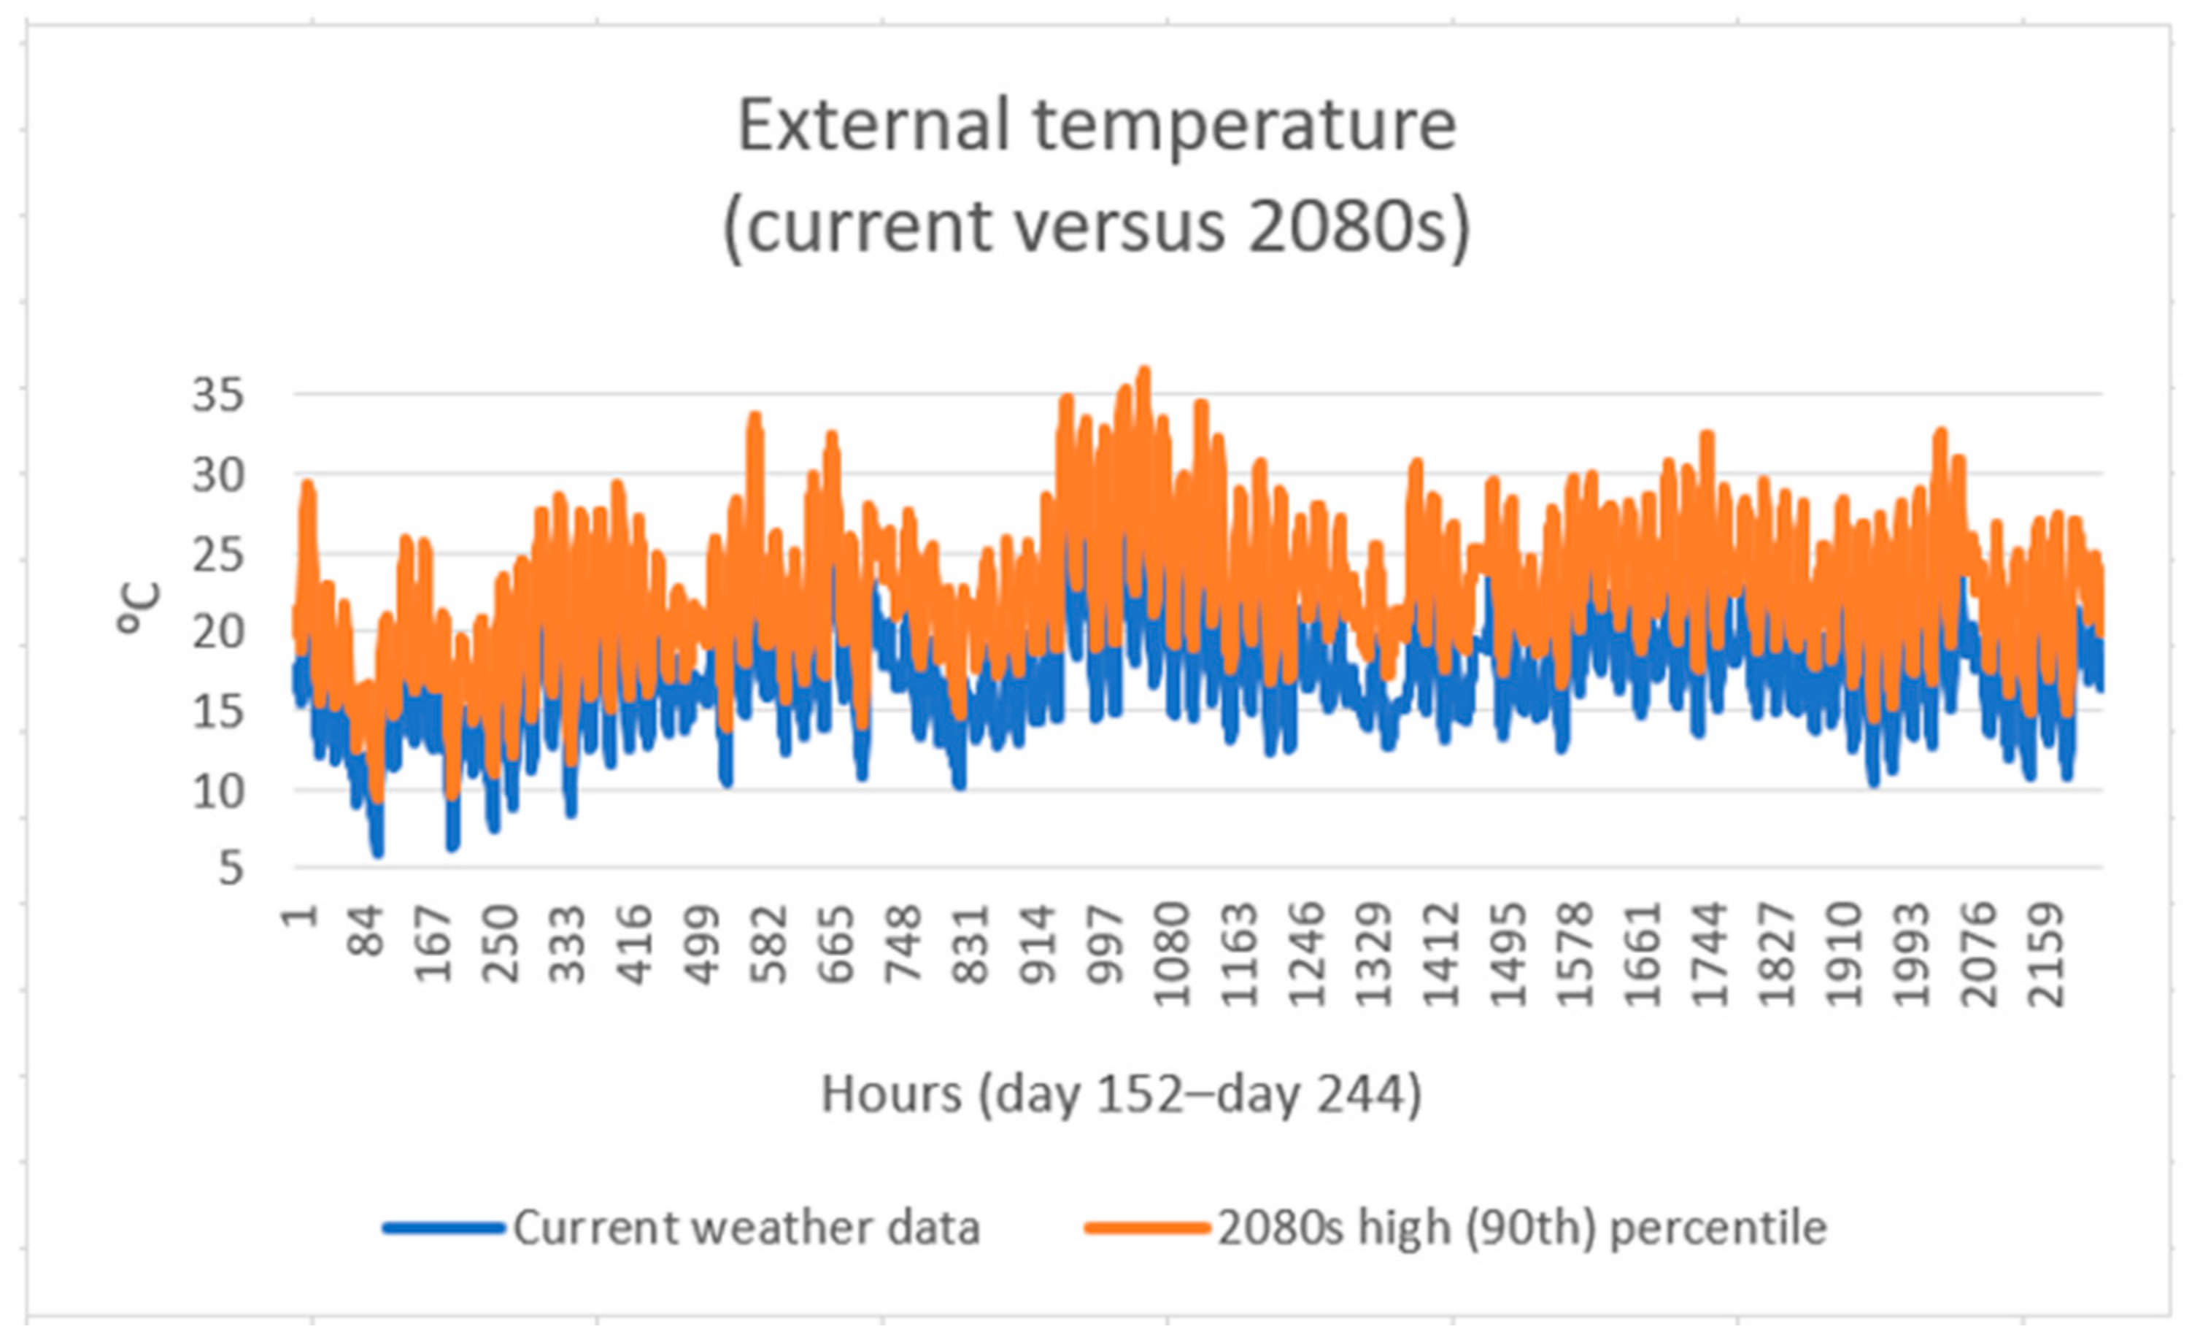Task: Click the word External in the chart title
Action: [873, 126]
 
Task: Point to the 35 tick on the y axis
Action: [218, 395]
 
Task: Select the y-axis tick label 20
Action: [218, 633]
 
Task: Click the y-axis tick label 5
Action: [230, 869]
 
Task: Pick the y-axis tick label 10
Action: [218, 791]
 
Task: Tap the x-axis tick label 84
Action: [368, 930]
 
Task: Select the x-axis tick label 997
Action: [1105, 943]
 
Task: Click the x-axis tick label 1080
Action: [1173, 955]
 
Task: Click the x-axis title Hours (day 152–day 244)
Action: [1121, 1093]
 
